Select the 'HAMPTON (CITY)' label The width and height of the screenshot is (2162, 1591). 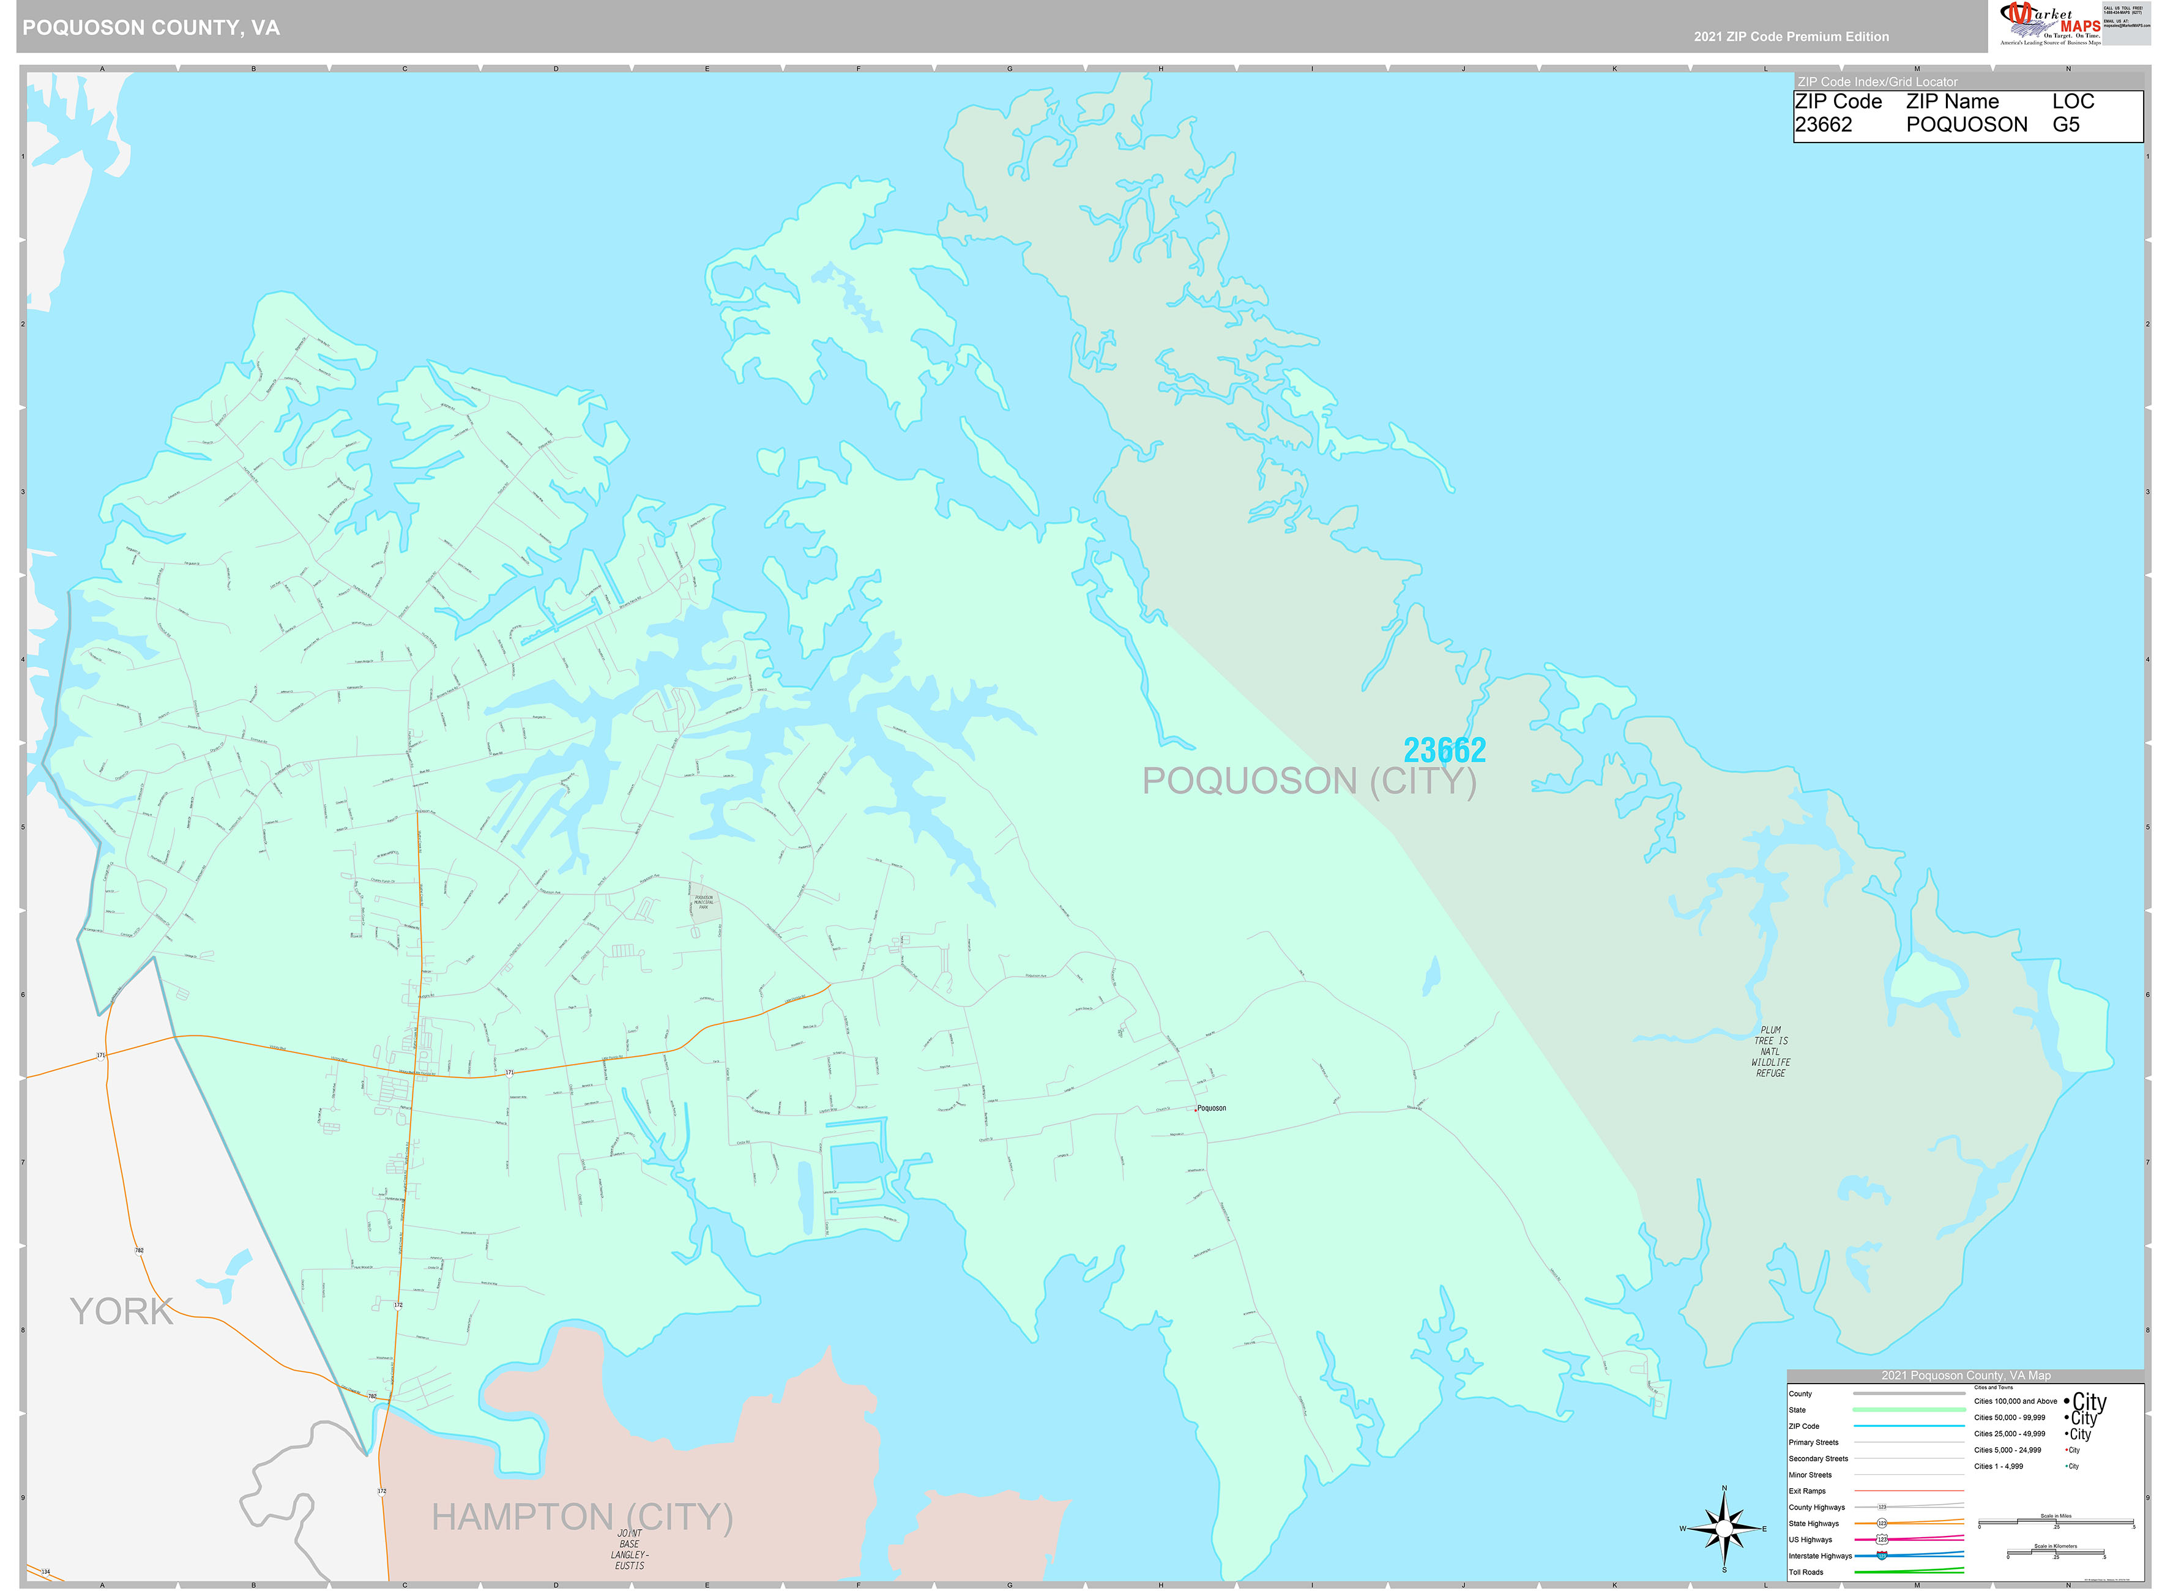582,1517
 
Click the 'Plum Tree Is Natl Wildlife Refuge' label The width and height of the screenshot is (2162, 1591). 1770,1052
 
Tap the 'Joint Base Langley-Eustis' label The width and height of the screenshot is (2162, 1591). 630,1549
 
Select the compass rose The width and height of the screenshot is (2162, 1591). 1724,1529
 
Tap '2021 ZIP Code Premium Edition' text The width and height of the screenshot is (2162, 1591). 1791,37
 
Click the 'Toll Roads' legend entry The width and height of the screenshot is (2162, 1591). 1806,1572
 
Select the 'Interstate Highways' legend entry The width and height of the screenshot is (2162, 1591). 1819,1556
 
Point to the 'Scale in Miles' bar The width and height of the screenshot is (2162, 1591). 2055,1522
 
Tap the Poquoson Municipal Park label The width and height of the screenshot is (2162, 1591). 703,903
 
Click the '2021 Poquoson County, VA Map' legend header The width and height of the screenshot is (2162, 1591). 1964,1375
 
